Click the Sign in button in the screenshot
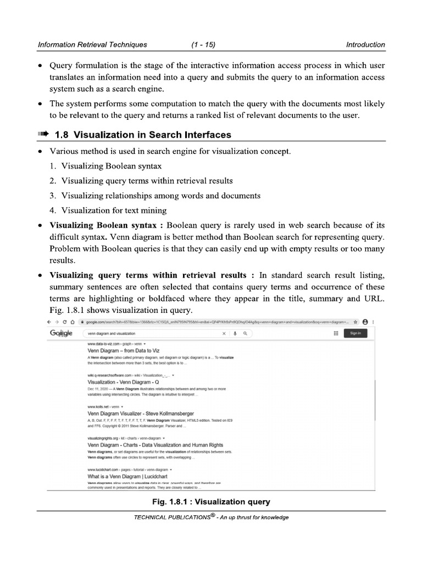click(355, 333)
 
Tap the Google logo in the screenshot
click(61, 333)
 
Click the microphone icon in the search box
click(235, 333)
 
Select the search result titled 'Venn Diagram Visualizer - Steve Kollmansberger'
click(141, 413)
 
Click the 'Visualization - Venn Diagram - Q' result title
click(123, 381)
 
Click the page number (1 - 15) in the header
click(203, 45)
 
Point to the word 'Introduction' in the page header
click(365, 45)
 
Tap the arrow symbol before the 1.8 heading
click(43, 135)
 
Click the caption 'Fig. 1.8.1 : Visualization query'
click(211, 501)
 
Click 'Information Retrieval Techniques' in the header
click(92, 45)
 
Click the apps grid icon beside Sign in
click(335, 333)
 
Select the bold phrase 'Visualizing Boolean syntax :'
click(107, 225)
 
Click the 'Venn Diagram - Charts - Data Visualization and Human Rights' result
click(155, 444)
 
